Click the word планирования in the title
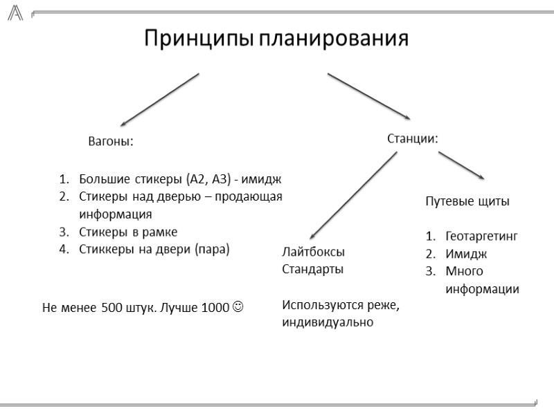(334, 38)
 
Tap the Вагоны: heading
(110, 141)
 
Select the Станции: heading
(412, 138)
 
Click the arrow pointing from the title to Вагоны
(159, 100)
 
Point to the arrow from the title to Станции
(369, 96)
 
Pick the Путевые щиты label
(467, 202)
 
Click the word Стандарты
(313, 269)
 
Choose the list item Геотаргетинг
(482, 236)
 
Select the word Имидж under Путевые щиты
(466, 253)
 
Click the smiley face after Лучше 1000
(238, 306)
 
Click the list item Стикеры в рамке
(128, 232)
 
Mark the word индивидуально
(328, 322)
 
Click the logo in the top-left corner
(15, 12)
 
